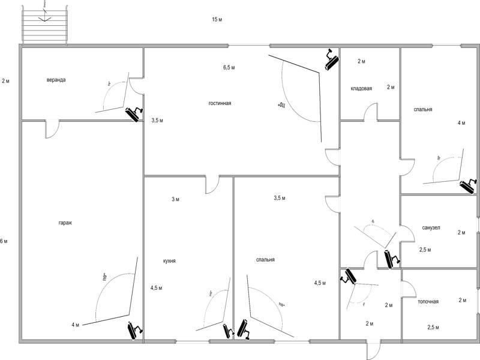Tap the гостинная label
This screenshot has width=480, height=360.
pos(220,103)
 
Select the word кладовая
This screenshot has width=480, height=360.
pos(361,89)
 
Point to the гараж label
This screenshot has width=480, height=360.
pos(66,223)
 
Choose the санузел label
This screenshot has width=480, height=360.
pos(431,228)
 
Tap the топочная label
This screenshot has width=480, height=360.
pos(428,301)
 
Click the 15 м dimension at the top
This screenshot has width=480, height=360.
pos(217,20)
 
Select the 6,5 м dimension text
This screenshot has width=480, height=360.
pos(229,68)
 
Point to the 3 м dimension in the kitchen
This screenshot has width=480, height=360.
pos(175,199)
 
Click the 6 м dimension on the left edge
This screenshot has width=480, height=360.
pos(4,241)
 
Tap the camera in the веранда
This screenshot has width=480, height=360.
pos(134,113)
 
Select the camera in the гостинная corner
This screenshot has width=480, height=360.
pos(331,59)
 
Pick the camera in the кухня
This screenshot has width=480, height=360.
pos(227,331)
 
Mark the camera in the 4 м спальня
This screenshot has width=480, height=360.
pos(468,185)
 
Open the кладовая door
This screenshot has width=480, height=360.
pos(370,112)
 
